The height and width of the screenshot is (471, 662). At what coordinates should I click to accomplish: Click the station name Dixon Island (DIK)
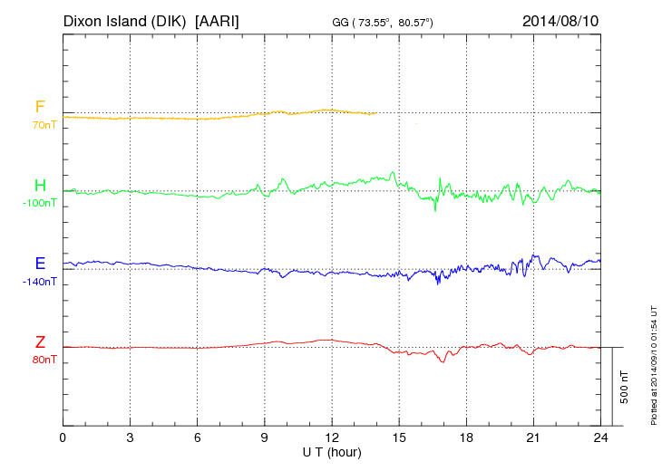click(x=125, y=20)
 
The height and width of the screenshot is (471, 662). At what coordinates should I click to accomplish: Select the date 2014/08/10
click(x=560, y=20)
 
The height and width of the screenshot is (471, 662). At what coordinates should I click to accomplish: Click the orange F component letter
click(x=40, y=107)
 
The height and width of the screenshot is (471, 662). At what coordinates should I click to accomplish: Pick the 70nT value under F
click(x=41, y=124)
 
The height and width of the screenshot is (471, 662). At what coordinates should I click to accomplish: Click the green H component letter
click(x=40, y=186)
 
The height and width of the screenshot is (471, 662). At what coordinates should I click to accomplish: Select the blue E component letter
click(x=40, y=264)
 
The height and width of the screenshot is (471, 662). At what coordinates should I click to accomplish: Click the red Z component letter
click(x=40, y=342)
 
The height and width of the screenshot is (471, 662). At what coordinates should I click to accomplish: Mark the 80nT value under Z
click(x=41, y=360)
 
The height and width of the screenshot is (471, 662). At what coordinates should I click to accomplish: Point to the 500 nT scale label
click(x=624, y=387)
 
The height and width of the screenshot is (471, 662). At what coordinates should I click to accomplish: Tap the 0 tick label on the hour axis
click(x=63, y=437)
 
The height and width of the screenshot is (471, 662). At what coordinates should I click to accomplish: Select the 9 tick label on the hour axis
click(x=264, y=437)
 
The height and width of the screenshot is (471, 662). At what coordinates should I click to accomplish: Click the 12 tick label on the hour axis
click(x=331, y=437)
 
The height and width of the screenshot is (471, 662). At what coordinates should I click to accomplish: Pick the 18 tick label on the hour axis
click(x=465, y=437)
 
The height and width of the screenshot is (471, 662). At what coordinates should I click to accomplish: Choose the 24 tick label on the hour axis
click(x=599, y=437)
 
